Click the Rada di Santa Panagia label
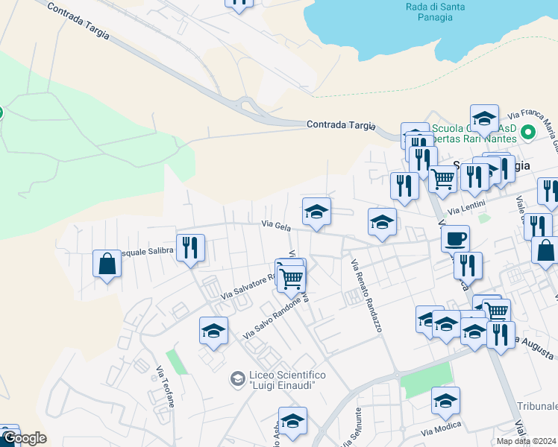(436, 12)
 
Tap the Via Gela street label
(275, 224)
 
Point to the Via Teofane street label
(166, 386)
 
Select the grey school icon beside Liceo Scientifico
(237, 379)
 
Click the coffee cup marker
(455, 238)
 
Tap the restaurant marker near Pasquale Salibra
(190, 247)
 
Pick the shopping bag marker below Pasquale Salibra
(107, 263)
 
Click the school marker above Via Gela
(316, 212)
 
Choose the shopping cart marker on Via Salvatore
(292, 278)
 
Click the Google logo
(25, 438)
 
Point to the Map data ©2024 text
(527, 441)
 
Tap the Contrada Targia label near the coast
(340, 125)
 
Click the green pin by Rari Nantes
(529, 133)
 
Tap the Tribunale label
(538, 406)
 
